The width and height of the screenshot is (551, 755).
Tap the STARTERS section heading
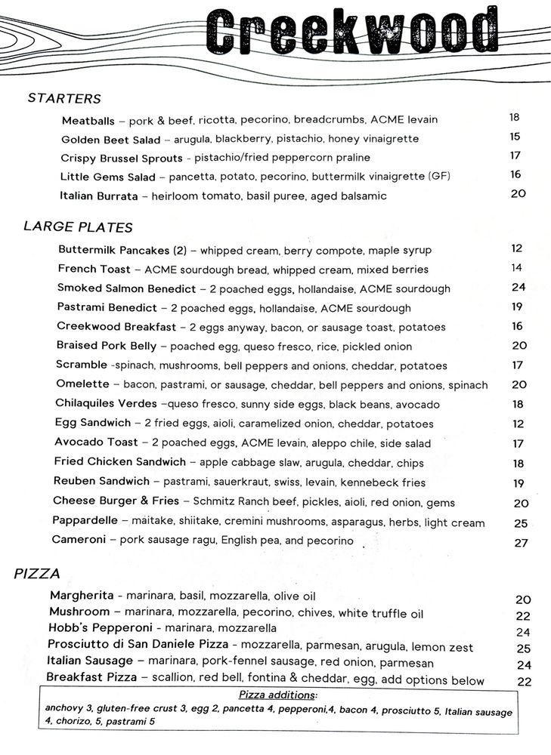tap(64, 99)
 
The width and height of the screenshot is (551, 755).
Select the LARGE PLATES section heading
tap(79, 226)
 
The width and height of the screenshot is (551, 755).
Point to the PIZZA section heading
tap(37, 574)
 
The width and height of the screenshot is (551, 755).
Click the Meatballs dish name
tap(88, 120)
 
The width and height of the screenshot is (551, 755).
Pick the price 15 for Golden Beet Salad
tap(515, 137)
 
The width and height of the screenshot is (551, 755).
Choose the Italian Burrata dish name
tap(99, 196)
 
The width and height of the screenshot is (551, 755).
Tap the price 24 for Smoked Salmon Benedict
tap(518, 287)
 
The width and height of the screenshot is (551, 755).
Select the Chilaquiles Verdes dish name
tap(107, 404)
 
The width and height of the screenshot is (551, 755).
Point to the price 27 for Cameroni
tap(521, 543)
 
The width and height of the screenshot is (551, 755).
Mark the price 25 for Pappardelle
tap(521, 523)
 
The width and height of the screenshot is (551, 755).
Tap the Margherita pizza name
tap(82, 596)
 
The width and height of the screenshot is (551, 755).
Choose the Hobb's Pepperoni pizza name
tap(94, 628)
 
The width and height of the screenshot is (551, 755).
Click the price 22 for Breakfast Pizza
tap(524, 681)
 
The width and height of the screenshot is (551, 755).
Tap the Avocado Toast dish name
tap(97, 442)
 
